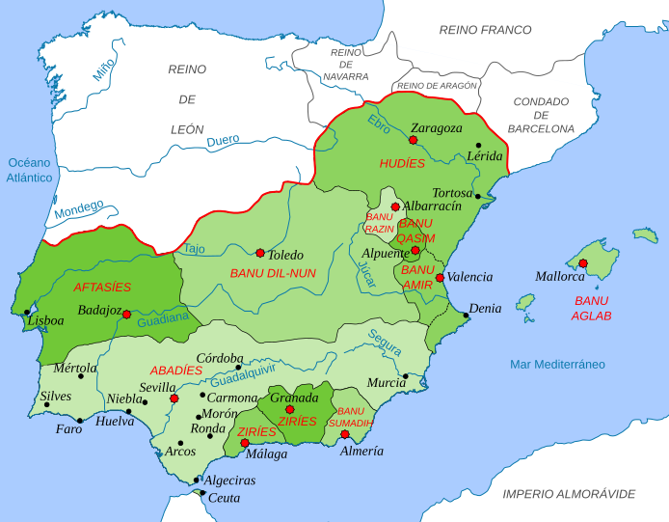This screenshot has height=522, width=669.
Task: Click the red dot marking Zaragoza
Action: [x=413, y=140]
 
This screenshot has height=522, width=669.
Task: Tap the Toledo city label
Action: [x=285, y=255]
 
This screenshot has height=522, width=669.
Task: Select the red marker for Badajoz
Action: [x=126, y=314]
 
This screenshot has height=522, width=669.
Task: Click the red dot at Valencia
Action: [x=440, y=278]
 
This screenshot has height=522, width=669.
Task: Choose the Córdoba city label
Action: [x=219, y=358]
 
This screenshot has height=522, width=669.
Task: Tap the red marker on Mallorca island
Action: [x=583, y=262]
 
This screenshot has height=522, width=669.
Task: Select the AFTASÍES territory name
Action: [x=102, y=287]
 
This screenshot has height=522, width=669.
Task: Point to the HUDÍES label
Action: [x=402, y=164]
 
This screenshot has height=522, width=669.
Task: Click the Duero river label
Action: [x=223, y=143]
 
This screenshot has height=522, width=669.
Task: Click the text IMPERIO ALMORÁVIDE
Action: [x=568, y=493]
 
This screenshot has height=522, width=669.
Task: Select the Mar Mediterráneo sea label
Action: [x=557, y=364]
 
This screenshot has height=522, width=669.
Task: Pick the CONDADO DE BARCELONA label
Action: [x=542, y=115]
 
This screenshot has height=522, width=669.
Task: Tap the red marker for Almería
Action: [x=345, y=434]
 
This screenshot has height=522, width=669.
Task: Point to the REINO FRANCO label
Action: [x=486, y=30]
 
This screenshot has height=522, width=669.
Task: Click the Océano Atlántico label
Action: [x=29, y=170]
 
